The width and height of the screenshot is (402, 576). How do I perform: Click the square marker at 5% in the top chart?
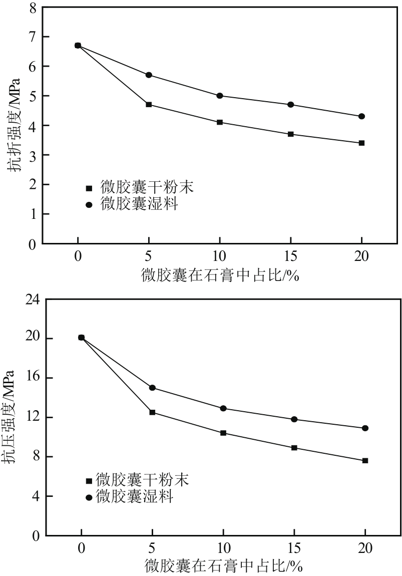(149, 105)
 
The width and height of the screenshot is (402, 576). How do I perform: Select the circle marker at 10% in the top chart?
(220, 96)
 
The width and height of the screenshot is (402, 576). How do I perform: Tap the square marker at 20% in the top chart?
(361, 143)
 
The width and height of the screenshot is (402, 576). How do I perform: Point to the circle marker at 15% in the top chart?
(291, 105)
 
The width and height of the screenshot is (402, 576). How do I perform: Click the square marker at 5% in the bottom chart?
(152, 412)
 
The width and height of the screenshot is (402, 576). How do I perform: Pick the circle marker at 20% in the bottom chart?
(365, 428)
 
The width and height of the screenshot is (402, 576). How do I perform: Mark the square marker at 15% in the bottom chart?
(294, 448)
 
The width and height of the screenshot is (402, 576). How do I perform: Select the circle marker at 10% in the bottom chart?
(223, 408)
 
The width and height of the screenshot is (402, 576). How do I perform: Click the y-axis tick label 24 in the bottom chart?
(32, 300)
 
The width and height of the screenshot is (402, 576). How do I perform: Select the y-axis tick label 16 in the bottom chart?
(32, 378)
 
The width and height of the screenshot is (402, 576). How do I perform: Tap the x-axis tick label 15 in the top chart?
(290, 256)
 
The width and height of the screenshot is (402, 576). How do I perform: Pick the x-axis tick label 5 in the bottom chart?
(152, 548)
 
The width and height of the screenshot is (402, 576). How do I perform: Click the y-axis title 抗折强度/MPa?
(16, 125)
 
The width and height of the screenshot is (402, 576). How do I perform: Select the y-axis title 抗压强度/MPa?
(16, 417)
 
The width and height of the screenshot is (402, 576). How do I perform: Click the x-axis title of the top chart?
(220, 275)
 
